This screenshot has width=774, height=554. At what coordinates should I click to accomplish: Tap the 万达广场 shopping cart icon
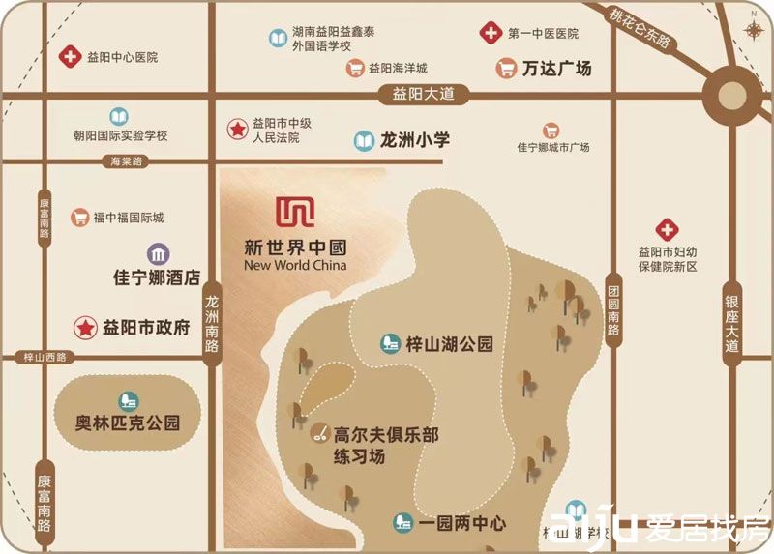506,69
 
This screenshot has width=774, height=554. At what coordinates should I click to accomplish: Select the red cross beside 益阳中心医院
70,58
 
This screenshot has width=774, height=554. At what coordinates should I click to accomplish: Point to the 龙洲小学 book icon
364,141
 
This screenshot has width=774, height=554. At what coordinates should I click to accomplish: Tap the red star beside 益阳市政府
87,328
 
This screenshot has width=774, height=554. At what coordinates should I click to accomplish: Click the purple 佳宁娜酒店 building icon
158,253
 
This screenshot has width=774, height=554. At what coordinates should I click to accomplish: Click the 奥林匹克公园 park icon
127,401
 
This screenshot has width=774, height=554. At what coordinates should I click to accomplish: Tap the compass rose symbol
754,29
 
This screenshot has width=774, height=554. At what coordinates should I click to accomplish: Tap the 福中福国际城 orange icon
79,218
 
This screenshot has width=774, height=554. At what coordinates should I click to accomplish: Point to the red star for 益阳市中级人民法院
236,129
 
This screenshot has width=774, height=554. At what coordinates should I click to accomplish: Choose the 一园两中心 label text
462,523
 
